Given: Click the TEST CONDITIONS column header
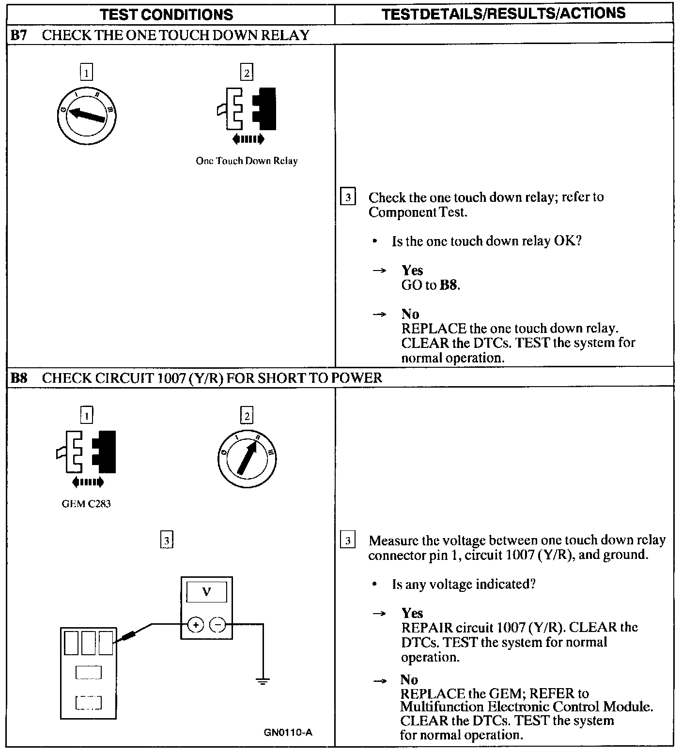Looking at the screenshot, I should pyautogui.click(x=167, y=15).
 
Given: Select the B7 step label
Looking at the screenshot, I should pyautogui.click(x=19, y=35).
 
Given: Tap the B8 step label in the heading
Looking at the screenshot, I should pyautogui.click(x=19, y=377).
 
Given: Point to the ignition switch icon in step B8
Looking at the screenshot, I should pyautogui.click(x=247, y=458).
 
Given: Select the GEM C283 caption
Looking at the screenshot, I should pyautogui.click(x=86, y=504).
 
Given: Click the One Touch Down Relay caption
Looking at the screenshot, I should pyautogui.click(x=247, y=161).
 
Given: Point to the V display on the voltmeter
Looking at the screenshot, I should pyautogui.click(x=206, y=592).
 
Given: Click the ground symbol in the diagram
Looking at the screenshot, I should pyautogui.click(x=263, y=682).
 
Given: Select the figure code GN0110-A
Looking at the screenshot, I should pyautogui.click(x=288, y=732).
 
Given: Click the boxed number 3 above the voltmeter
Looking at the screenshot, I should pyautogui.click(x=167, y=540).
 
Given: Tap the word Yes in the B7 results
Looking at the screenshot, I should pyautogui.click(x=412, y=270).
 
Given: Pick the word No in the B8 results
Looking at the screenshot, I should pyautogui.click(x=409, y=679).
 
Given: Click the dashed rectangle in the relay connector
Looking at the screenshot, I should pyautogui.click(x=89, y=702).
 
